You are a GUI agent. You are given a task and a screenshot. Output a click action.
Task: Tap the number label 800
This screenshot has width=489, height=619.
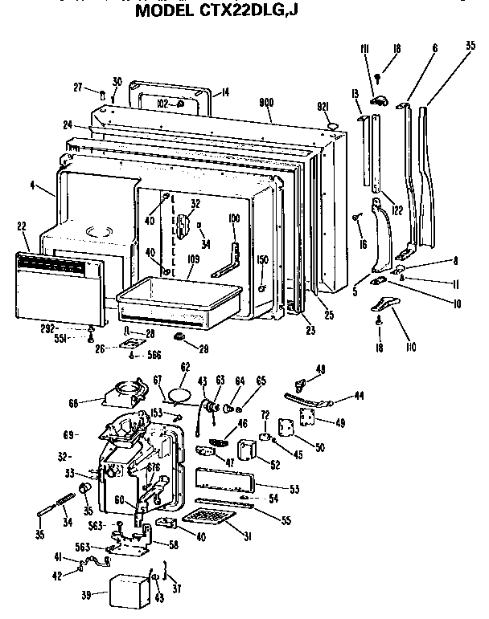pyautogui.click(x=267, y=103)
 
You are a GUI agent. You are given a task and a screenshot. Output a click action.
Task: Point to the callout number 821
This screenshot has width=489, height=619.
pyautogui.click(x=325, y=107)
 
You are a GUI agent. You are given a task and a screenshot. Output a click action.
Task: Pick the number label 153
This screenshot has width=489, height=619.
pyautogui.click(x=158, y=413)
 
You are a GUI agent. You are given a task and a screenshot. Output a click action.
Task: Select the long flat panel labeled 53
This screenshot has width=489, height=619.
pyautogui.click(x=221, y=483)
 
